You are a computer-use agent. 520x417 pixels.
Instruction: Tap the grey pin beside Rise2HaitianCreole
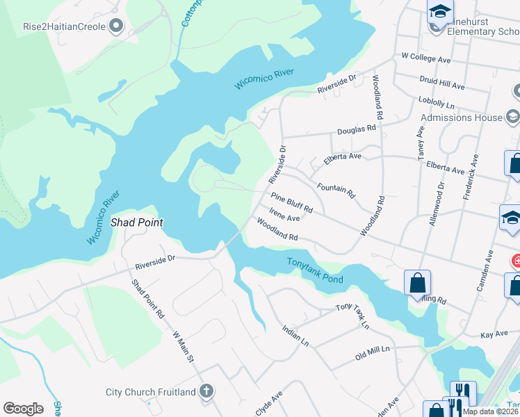[x=116, y=26]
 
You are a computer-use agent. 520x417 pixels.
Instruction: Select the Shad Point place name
[x=137, y=223]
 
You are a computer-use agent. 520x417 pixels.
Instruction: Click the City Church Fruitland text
[x=150, y=392]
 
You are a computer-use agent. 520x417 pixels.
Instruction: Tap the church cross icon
[x=206, y=391]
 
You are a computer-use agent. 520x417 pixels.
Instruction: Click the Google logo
[x=23, y=408]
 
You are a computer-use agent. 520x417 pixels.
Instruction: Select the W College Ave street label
[x=426, y=58]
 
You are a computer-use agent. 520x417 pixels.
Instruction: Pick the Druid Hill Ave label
[x=442, y=84]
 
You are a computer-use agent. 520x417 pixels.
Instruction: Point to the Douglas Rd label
[x=357, y=129]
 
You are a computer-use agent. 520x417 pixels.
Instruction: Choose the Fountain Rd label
[x=336, y=189]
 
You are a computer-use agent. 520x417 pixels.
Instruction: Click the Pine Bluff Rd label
[x=292, y=203]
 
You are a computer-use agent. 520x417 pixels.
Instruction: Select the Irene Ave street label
[x=284, y=218]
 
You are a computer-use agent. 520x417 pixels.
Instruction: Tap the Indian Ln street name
[x=295, y=336]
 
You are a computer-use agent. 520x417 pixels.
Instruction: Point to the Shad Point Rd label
[x=148, y=300]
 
